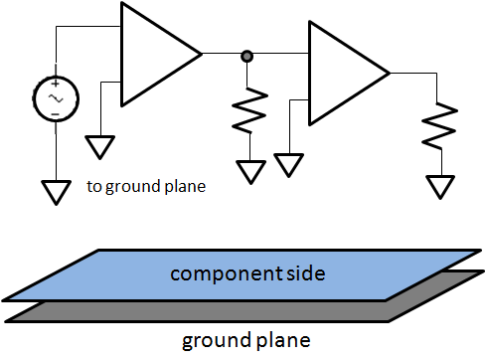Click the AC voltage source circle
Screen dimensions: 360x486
[56, 99]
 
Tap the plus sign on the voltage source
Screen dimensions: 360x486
[56, 85]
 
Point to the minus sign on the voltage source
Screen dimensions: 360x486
[56, 115]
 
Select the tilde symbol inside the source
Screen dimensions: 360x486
[56, 99]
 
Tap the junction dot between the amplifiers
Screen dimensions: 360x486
[246, 57]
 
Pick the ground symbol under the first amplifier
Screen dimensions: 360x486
[100, 147]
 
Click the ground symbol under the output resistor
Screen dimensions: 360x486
[439, 187]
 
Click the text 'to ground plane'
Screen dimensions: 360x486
[146, 185]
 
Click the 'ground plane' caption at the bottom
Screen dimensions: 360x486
[245, 341]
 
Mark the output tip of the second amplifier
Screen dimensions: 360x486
[389, 73]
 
